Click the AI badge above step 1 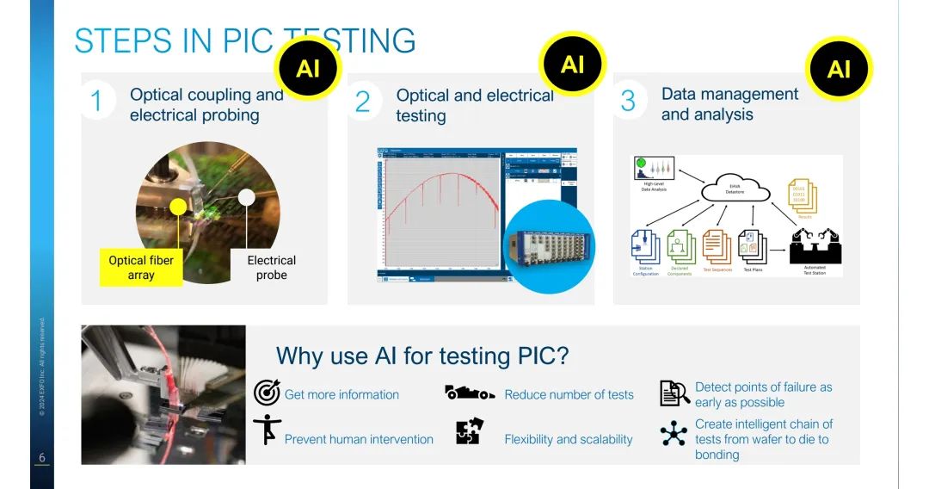click(307, 68)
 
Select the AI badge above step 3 click(839, 68)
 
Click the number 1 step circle click(97, 102)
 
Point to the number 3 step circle click(628, 101)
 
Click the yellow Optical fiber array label click(141, 267)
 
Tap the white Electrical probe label click(271, 267)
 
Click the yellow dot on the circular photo click(178, 207)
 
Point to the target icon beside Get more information click(267, 393)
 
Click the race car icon click(469, 393)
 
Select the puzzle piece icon click(469, 430)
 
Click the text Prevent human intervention click(359, 439)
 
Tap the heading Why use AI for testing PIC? click(422, 355)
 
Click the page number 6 click(40, 458)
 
